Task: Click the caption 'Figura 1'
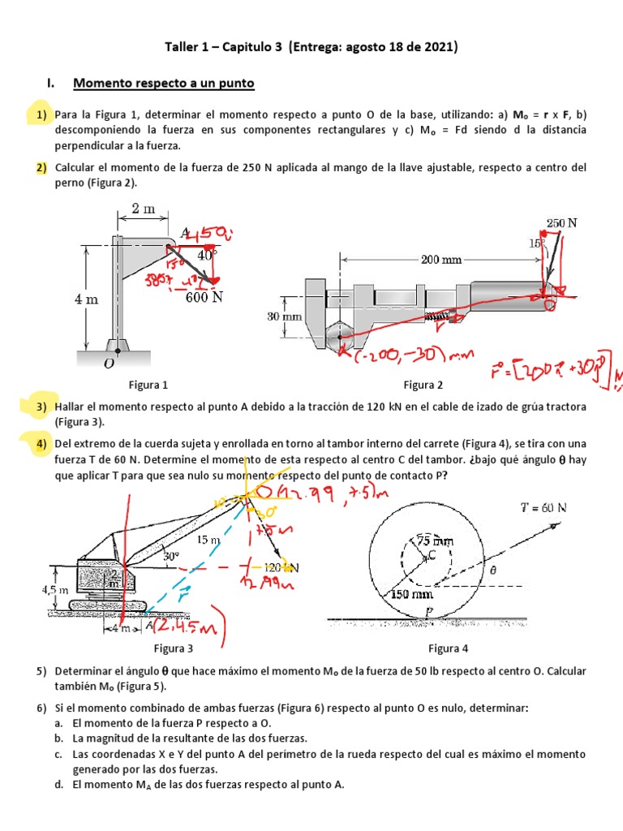(148, 385)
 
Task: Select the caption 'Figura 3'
(174, 648)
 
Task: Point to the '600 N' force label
(204, 297)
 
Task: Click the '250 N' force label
(561, 223)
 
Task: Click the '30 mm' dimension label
(284, 316)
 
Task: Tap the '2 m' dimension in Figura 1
(143, 209)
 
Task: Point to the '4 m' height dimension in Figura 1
(86, 299)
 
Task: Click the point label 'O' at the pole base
(109, 364)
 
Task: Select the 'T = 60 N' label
(543, 508)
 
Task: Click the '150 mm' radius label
(413, 593)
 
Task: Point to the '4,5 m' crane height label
(56, 590)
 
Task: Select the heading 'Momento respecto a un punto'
(164, 83)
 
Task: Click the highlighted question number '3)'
(41, 406)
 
